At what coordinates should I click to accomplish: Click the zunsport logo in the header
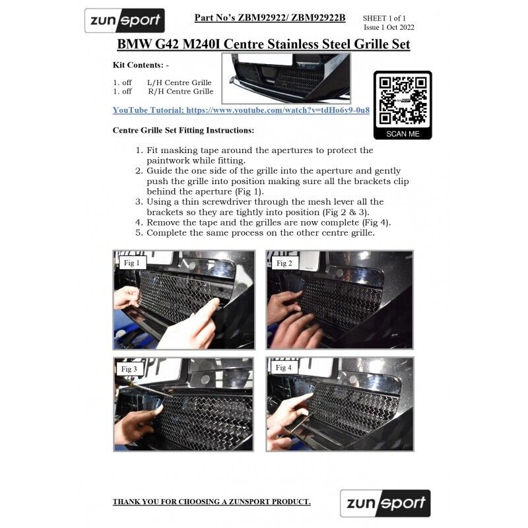click(x=125, y=20)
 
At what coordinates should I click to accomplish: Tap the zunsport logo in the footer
click(x=385, y=503)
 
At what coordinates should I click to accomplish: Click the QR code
click(x=403, y=100)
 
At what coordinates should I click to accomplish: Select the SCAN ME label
click(x=403, y=134)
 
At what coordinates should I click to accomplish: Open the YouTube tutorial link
click(x=241, y=110)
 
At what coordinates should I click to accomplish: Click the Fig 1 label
click(x=131, y=263)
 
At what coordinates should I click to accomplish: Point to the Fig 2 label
click(x=284, y=263)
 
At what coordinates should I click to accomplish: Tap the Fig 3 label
click(x=129, y=369)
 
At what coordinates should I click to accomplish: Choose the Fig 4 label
click(x=284, y=368)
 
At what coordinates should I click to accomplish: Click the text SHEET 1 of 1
click(x=384, y=18)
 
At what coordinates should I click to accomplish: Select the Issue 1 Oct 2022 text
click(x=389, y=27)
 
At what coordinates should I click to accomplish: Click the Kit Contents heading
click(x=141, y=65)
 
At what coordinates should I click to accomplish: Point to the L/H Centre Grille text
click(x=180, y=82)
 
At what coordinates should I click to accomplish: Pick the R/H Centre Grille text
click(x=181, y=91)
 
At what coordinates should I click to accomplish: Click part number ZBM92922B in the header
click(x=318, y=18)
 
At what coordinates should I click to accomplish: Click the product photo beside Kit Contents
click(x=286, y=78)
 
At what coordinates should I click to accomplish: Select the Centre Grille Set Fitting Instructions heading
click(x=183, y=130)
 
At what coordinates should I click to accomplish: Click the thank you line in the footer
click(x=212, y=502)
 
